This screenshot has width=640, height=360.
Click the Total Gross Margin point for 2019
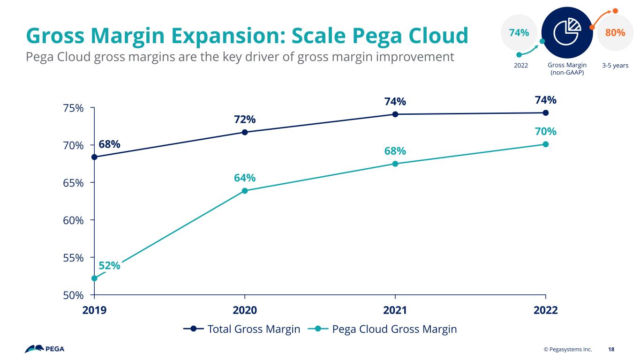coord(94,157)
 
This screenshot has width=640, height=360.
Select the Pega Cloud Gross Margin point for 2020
coord(245,191)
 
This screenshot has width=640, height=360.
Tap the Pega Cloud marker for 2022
coord(546,144)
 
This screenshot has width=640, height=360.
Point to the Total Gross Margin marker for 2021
coord(395,114)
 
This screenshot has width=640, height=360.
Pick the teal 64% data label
coord(245,178)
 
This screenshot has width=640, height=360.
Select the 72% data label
coord(245,119)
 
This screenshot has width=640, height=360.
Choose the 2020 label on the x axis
coord(245,310)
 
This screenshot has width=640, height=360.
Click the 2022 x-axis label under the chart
coord(546,310)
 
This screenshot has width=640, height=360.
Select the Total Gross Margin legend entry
coord(241,329)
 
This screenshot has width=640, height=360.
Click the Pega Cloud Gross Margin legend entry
coord(382,329)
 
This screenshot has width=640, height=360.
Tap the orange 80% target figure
coord(615,32)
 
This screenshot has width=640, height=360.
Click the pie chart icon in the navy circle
coord(567,30)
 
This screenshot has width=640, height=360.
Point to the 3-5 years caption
coord(615,66)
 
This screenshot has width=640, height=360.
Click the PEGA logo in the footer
coord(45,349)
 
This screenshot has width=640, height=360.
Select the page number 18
coord(611,349)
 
